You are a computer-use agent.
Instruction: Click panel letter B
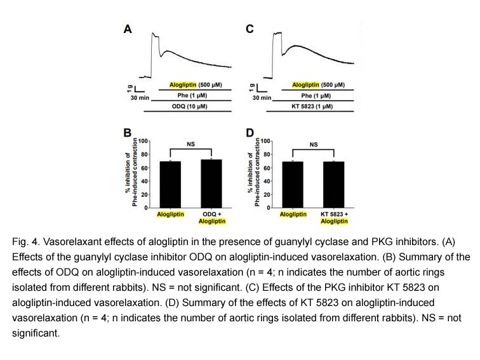point(126,133)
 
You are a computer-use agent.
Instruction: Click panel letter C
point(249,29)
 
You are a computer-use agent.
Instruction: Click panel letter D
point(249,133)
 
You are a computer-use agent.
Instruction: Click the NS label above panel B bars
point(190,144)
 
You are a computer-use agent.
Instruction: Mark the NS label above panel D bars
point(313,144)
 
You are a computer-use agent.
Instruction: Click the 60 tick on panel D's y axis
point(267,168)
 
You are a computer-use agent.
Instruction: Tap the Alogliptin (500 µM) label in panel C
point(318,84)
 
